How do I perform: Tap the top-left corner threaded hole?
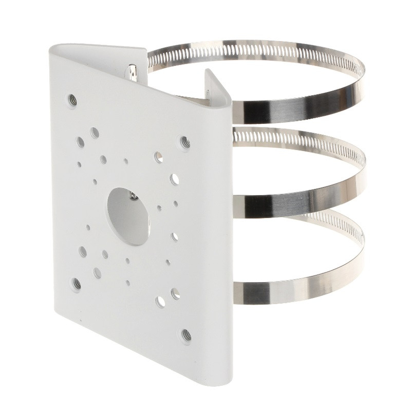[x=73, y=100]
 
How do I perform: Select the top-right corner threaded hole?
[x=184, y=142]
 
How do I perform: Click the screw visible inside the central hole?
[x=133, y=194]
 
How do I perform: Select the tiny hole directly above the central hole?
[x=126, y=161]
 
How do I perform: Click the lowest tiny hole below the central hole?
[x=127, y=282]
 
